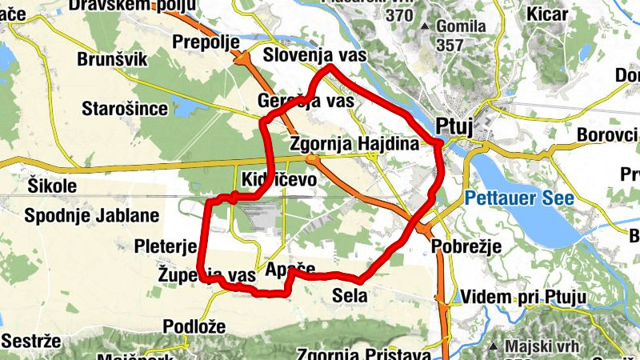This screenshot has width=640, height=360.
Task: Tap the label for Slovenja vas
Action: pos(314,55)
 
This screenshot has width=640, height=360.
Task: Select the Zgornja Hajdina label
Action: pos(354,145)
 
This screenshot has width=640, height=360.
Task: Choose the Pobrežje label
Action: pos(466,246)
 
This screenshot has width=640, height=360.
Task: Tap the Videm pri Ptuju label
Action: pos(524,298)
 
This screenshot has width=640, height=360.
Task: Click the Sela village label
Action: pos(350,296)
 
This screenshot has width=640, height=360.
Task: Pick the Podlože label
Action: pos(194,326)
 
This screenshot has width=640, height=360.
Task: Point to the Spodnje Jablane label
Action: pos(92,215)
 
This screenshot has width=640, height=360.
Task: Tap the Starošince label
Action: pos(126,108)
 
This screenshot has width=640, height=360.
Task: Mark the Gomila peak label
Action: pos(462,26)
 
